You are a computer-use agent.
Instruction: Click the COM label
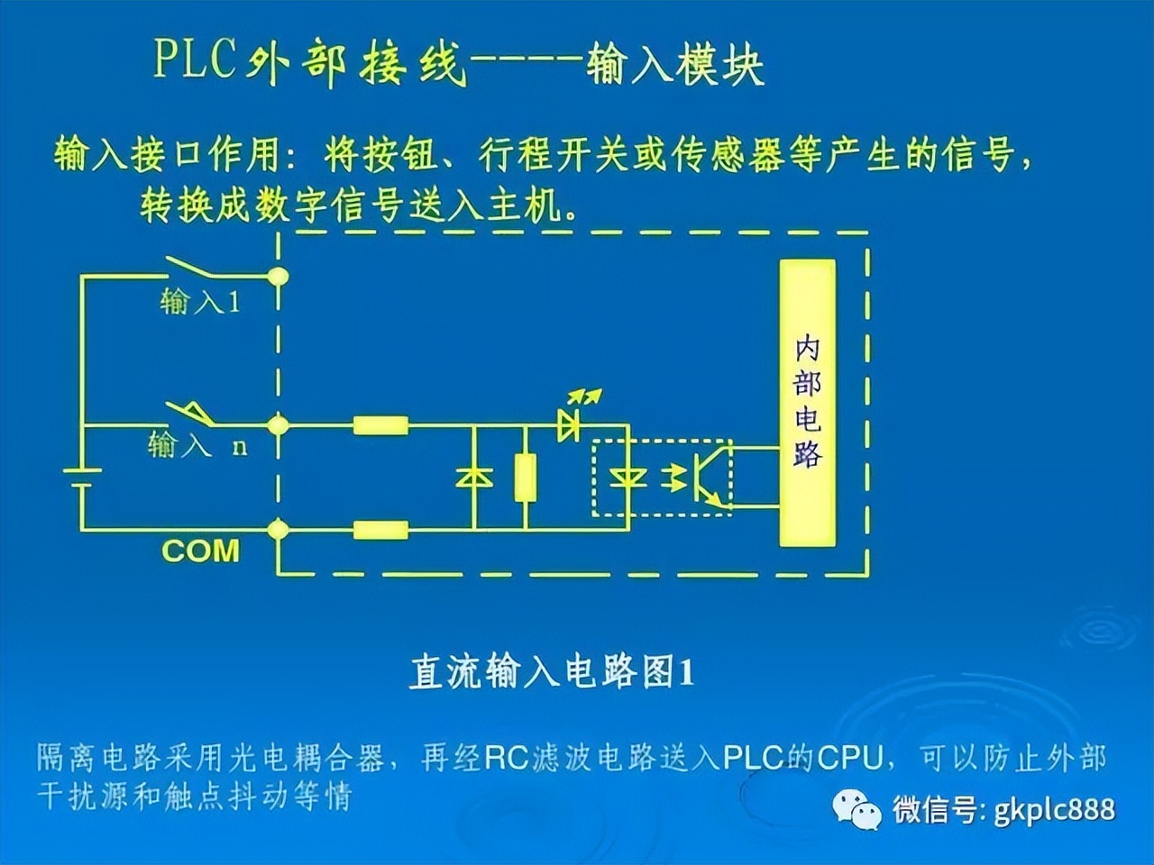click(x=200, y=551)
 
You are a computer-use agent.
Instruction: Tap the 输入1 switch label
click(x=200, y=301)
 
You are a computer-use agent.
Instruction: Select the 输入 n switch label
click(x=197, y=445)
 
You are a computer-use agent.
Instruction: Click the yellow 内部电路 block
click(x=807, y=403)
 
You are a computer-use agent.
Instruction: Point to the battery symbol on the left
click(x=81, y=477)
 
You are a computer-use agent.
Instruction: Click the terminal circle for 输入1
click(x=279, y=275)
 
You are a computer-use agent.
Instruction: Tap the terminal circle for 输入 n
click(x=279, y=423)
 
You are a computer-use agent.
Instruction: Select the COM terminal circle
click(x=279, y=528)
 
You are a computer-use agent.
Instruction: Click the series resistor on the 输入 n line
click(x=380, y=424)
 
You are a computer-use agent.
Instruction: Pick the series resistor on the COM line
click(x=380, y=529)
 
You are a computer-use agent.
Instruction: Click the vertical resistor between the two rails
click(x=525, y=478)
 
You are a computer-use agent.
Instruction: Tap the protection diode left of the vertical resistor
click(x=473, y=478)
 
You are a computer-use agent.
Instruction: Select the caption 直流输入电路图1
click(x=552, y=672)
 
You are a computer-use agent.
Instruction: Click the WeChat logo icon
click(x=856, y=808)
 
